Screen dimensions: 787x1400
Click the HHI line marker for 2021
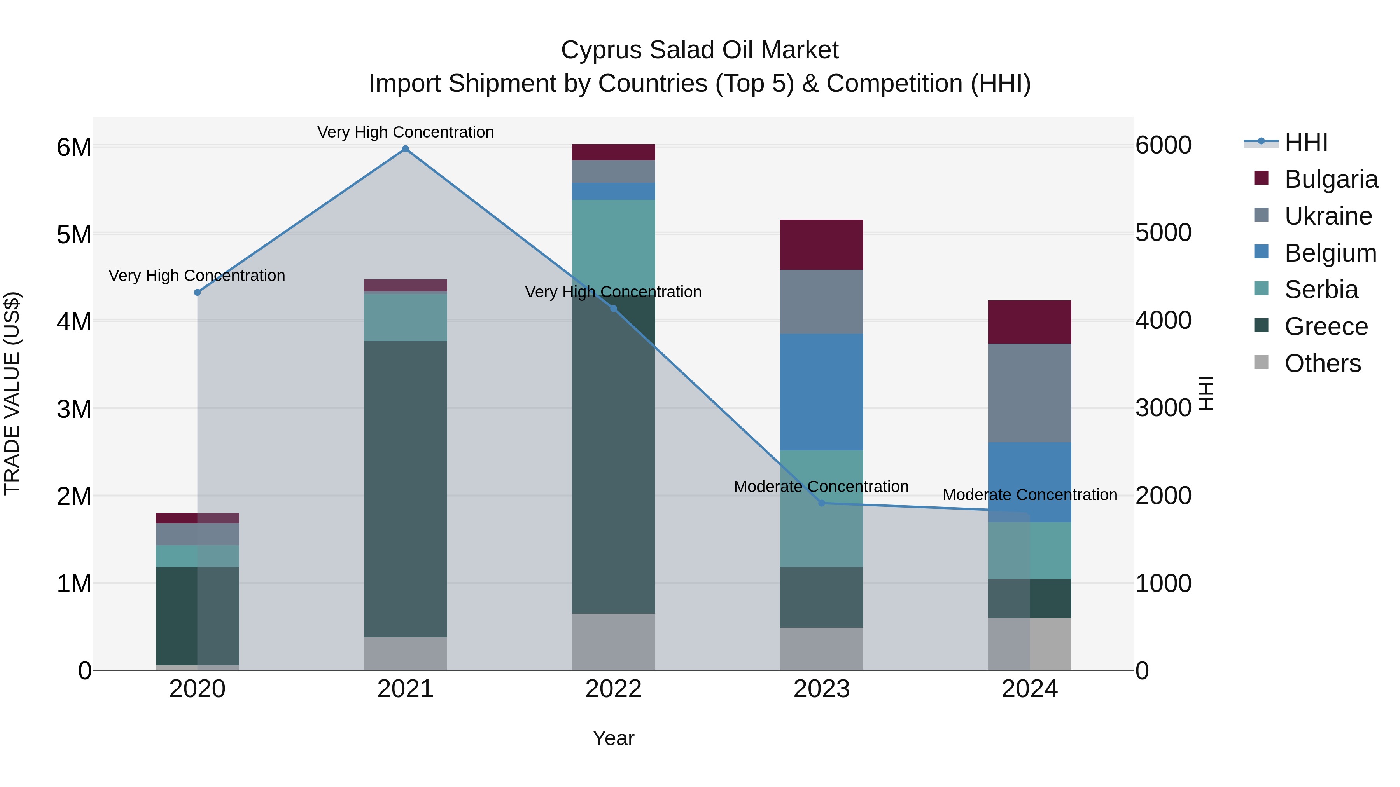tap(406, 149)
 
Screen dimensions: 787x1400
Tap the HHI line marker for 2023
tap(822, 503)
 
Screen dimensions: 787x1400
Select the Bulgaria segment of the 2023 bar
tap(822, 244)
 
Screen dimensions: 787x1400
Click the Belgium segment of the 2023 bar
tap(822, 392)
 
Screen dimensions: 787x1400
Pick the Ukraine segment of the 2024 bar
tap(1029, 393)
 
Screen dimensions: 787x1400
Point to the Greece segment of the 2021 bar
tap(406, 489)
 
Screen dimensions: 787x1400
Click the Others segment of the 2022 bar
tap(614, 642)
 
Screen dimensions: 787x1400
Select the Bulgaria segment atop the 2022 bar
tap(614, 152)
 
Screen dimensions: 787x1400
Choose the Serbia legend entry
tap(1321, 290)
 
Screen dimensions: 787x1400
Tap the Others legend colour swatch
tap(1261, 362)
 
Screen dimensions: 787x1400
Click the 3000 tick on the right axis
tap(1163, 408)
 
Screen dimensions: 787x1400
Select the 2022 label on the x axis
tap(614, 689)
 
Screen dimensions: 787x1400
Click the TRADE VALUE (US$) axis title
tap(12, 393)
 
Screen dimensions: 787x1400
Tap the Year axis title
tap(614, 738)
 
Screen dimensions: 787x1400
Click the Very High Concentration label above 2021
tap(406, 132)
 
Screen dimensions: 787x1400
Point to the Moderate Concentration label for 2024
tap(1029, 495)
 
